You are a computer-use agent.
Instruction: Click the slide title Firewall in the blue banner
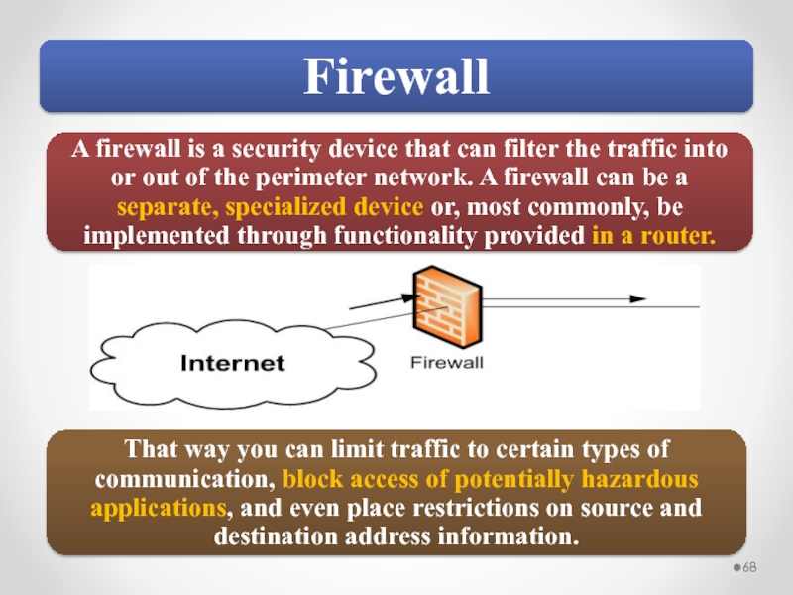pyautogui.click(x=396, y=76)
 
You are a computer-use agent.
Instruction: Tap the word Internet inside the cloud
pyautogui.click(x=233, y=363)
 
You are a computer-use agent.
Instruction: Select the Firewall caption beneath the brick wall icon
pyautogui.click(x=447, y=363)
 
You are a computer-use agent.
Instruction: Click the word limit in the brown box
pyautogui.click(x=371, y=451)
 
